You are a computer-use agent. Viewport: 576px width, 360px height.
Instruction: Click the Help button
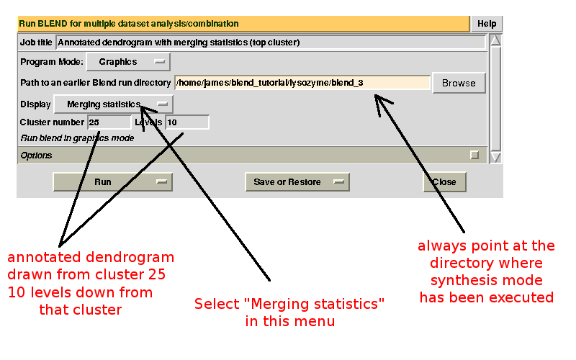click(487, 24)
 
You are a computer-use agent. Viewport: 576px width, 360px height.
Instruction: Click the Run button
click(112, 182)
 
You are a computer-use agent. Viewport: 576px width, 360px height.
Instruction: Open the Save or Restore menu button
click(297, 182)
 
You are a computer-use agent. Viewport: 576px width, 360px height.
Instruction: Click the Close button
click(444, 182)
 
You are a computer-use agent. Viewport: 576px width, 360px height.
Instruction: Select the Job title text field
click(270, 42)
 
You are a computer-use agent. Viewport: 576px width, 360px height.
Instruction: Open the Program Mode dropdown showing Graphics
click(128, 62)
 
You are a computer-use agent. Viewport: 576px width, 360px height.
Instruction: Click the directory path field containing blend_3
click(302, 83)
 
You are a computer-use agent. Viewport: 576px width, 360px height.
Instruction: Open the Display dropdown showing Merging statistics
click(114, 104)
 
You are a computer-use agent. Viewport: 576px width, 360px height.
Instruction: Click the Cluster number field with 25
click(108, 122)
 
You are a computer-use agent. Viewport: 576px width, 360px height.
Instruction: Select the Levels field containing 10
click(186, 122)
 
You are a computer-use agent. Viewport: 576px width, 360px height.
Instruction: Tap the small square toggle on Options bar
click(474, 155)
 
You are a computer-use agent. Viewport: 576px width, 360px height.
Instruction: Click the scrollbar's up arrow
click(495, 40)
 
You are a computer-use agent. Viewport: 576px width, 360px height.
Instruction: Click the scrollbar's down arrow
click(495, 156)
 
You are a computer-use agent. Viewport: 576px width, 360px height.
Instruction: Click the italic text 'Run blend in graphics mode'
click(77, 138)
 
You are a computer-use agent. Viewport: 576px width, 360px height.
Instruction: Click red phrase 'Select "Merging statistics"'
click(289, 305)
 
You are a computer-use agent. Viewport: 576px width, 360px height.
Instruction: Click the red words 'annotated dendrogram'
click(91, 258)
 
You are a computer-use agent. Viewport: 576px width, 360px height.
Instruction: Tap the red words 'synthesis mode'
click(486, 281)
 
